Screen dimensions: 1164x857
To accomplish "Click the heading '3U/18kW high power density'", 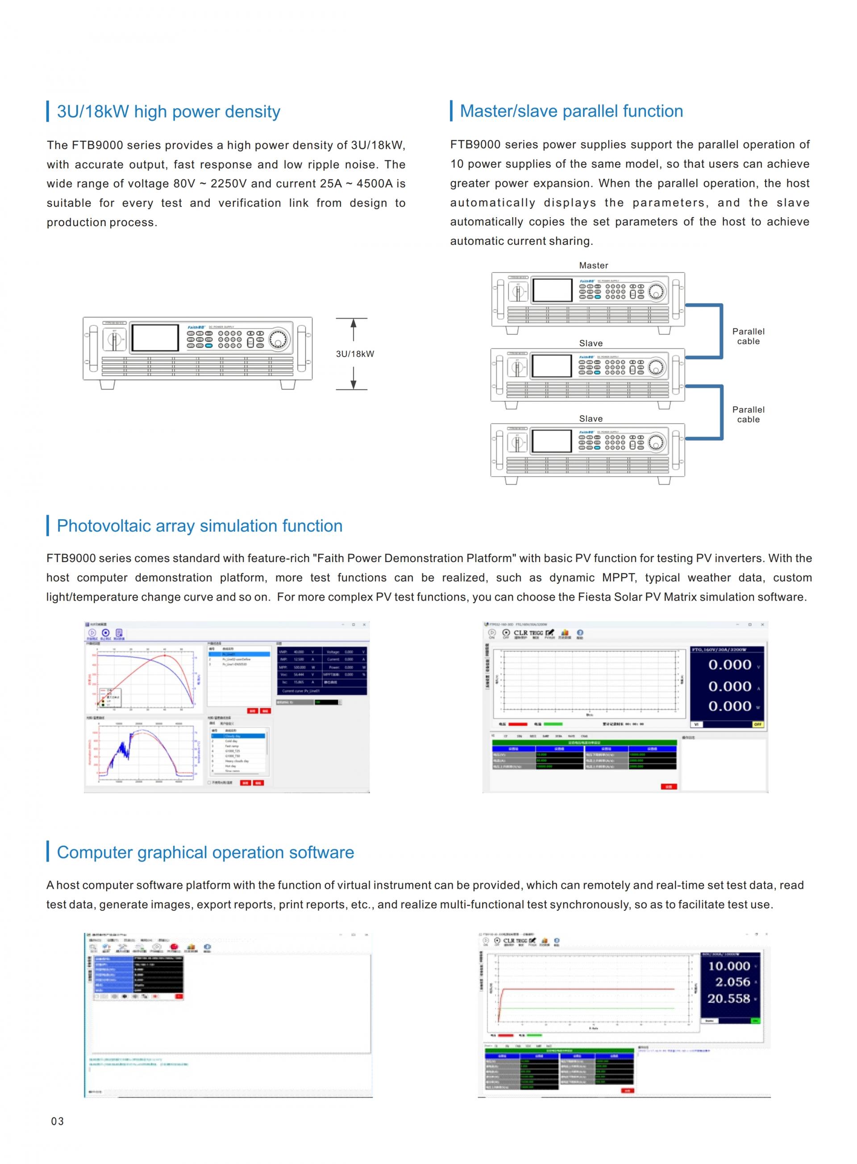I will pos(168,112).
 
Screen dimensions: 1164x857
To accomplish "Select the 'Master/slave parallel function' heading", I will pos(571,111).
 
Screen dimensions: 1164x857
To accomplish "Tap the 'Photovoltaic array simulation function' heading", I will pos(199,526).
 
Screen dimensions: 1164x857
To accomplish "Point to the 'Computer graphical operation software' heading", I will pos(205,853).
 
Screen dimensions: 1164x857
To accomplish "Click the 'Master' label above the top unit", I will pos(594,265).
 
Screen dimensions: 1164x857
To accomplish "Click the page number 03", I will pos(58,1122).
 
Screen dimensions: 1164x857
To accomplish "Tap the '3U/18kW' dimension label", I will pos(355,354).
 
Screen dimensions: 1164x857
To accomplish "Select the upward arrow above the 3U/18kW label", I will pos(353,329).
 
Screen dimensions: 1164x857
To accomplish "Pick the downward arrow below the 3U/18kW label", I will pos(353,378).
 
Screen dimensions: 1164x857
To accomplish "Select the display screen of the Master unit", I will pos(552,290).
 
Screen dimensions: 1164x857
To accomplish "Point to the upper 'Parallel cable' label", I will pos(748,336).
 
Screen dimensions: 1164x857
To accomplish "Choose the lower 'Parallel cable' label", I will pos(748,414).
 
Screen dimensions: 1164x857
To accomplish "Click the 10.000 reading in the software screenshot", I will pos(729,966).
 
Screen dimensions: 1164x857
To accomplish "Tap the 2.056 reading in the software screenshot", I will pos(732,982).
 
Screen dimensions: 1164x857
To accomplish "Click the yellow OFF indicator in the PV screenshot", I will pos(757,724).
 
